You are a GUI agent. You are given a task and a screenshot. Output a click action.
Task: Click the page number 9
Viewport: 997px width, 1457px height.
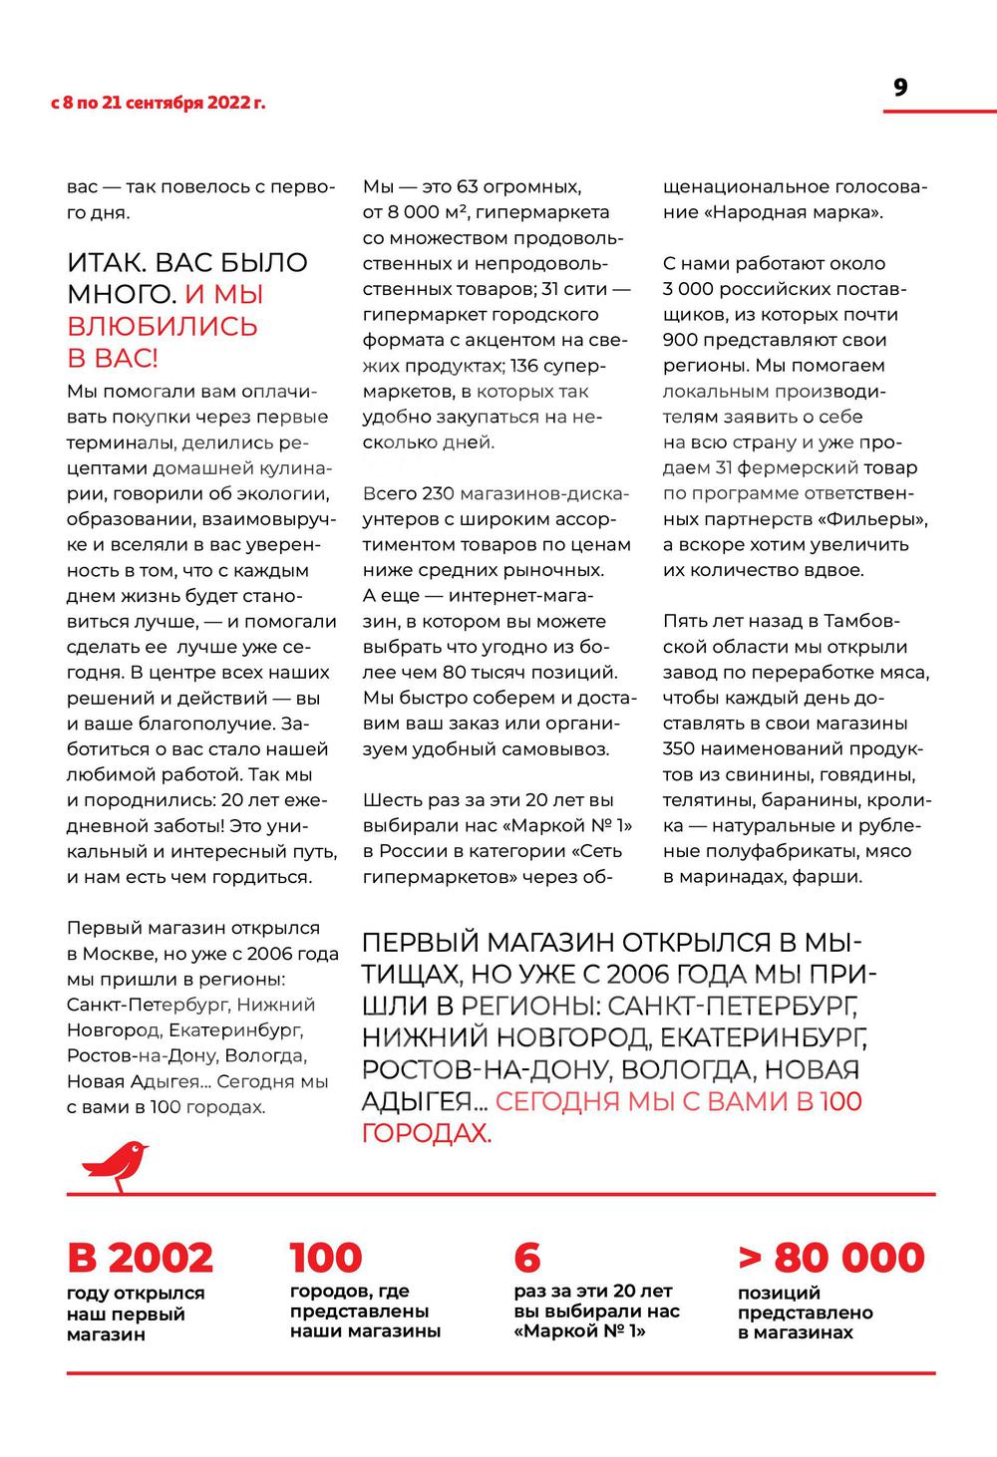[900, 88]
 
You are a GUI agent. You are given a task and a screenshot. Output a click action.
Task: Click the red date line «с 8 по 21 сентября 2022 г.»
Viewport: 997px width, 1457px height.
[159, 103]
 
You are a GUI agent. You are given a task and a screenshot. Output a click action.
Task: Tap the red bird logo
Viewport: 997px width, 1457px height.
[115, 1166]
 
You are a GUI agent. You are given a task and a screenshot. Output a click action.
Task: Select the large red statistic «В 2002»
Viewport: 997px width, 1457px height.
[140, 1258]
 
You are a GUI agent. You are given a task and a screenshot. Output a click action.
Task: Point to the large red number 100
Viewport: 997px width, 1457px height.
[326, 1258]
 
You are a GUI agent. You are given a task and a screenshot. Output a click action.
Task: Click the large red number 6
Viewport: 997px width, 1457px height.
[526, 1258]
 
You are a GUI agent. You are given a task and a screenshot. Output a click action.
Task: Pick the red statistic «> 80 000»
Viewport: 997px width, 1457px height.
[831, 1258]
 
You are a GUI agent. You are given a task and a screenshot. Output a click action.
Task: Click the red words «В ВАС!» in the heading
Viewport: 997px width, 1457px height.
[113, 358]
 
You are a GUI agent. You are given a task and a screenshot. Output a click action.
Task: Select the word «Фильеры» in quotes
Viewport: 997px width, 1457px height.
[886, 519]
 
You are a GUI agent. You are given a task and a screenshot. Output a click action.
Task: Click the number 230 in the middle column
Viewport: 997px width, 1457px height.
[438, 493]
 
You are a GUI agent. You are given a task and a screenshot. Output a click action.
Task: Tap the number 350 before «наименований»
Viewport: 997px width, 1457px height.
[683, 748]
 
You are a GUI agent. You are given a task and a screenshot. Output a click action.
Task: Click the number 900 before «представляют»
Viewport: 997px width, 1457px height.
[683, 340]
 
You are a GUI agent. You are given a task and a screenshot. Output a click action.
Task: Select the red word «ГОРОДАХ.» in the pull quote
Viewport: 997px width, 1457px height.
[426, 1133]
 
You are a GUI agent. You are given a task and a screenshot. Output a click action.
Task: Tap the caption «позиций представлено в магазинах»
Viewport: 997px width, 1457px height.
[805, 1312]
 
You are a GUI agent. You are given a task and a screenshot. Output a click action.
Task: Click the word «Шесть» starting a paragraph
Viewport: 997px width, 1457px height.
[389, 800]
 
